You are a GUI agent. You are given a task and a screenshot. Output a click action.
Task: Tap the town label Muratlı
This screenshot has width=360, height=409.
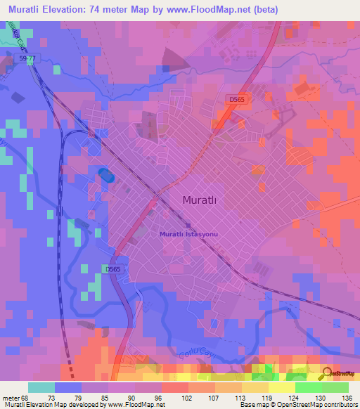pyautogui.click(x=200, y=200)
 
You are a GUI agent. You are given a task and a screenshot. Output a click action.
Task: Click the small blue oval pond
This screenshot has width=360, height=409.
pyautogui.click(x=104, y=174)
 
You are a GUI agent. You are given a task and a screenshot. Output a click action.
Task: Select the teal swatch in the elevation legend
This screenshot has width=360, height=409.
pyautogui.click(x=41, y=387)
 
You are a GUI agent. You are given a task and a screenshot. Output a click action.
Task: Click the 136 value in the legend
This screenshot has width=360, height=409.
pyautogui.click(x=346, y=397)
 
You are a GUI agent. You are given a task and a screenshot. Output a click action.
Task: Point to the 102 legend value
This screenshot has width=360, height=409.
pyautogui.click(x=188, y=397)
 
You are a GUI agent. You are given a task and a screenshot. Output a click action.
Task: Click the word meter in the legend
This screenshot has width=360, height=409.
pyautogui.click(x=10, y=397)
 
